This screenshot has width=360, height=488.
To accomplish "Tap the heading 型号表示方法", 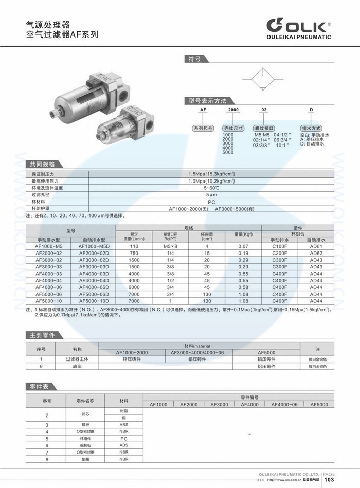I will click(x=208, y=101).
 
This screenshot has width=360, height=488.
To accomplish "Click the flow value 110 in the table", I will click(x=134, y=246).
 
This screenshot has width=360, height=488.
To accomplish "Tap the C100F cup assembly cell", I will click(x=279, y=246).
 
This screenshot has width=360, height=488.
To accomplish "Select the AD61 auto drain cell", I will click(x=316, y=246).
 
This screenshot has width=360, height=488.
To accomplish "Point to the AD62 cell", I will click(x=316, y=253).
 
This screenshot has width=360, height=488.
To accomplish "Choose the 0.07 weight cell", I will click(x=243, y=246).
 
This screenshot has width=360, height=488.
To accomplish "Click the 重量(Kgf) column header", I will click(x=243, y=234).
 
